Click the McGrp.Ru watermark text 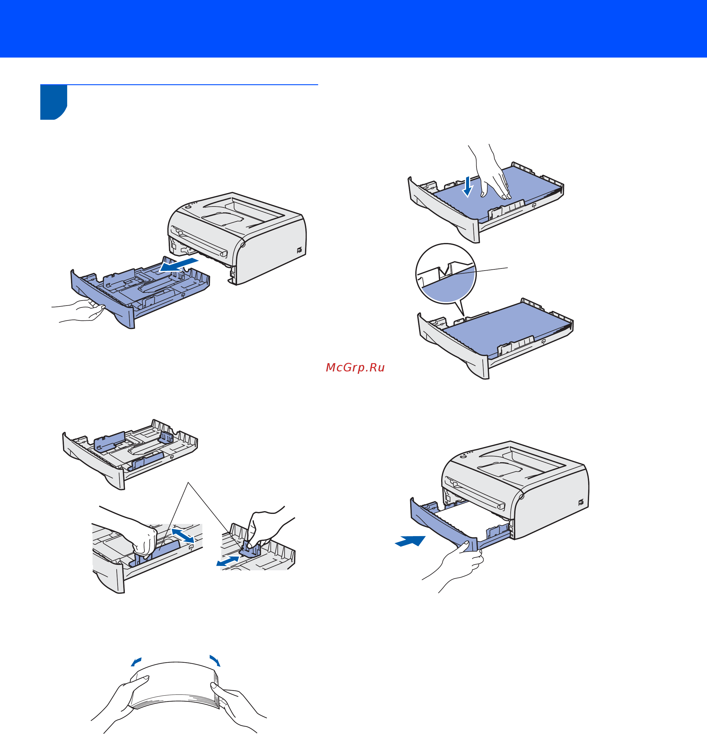355,367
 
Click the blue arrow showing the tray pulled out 179,264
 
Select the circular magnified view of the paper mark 446,273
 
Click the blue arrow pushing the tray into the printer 410,541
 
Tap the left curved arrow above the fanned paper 136,662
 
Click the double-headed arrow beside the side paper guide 183,535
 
